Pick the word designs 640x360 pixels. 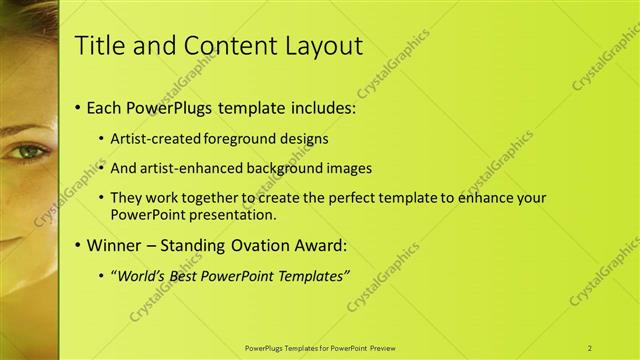click(x=305, y=138)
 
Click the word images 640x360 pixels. click(x=350, y=168)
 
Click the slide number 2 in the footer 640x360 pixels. click(x=591, y=347)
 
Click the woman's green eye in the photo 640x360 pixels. click(x=27, y=152)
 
